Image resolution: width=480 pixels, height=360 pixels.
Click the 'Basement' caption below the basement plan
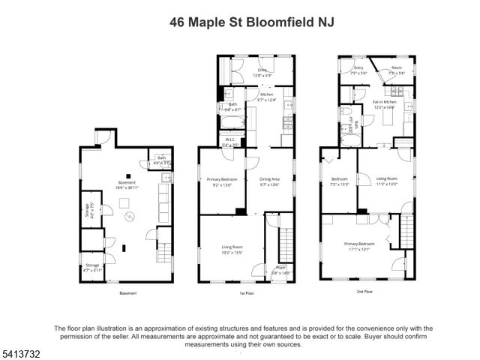pyautogui.click(x=127, y=293)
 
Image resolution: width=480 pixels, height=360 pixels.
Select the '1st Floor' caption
pyautogui.click(x=247, y=293)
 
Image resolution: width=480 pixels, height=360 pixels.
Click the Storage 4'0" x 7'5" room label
pyautogui.click(x=88, y=209)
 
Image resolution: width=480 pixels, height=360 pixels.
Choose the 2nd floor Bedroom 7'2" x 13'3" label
pyautogui.click(x=340, y=181)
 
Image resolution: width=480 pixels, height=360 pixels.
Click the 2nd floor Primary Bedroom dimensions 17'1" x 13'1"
pyautogui.click(x=359, y=247)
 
